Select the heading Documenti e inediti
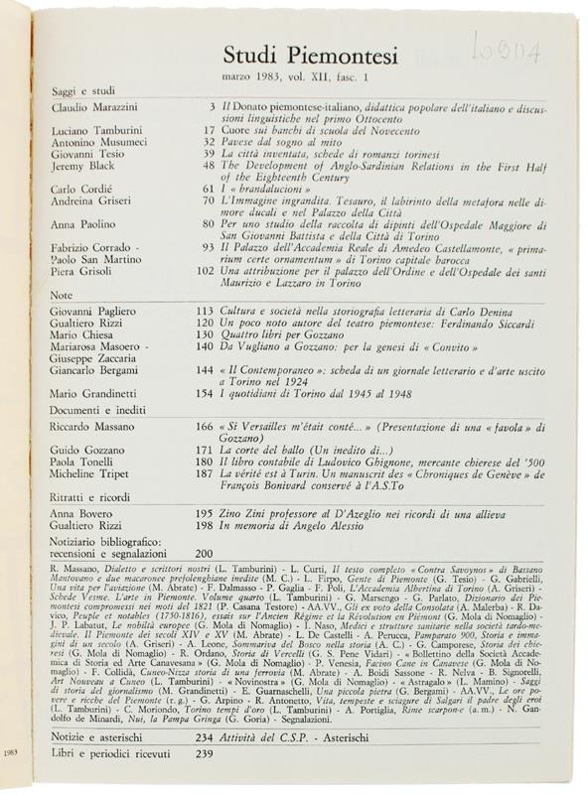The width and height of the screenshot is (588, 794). tap(103, 409)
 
